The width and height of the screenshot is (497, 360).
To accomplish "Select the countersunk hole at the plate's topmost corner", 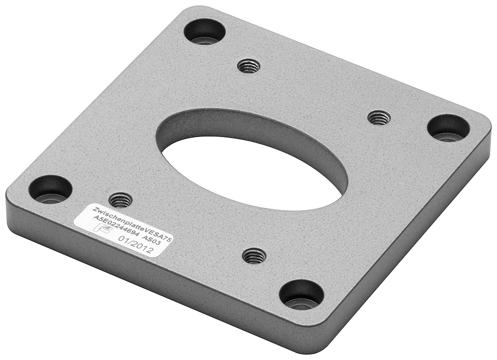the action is pyautogui.click(x=204, y=32).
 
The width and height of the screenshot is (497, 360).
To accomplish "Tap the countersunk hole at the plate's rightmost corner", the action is pyautogui.click(x=448, y=128).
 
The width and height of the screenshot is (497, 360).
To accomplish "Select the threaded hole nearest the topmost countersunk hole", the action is pyautogui.click(x=249, y=66).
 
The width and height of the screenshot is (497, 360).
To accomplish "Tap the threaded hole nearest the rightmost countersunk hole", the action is pyautogui.click(x=378, y=118).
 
